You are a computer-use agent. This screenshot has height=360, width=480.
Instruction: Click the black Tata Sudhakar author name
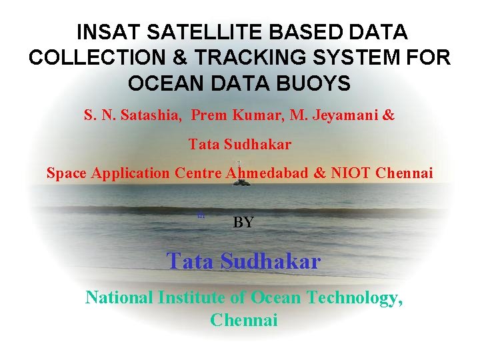coord(239,144)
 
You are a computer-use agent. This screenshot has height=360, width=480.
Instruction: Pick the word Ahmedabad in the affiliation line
coord(267,173)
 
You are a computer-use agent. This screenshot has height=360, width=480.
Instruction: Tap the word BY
coord(243,223)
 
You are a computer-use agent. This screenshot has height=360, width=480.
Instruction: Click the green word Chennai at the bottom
coord(243,320)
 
